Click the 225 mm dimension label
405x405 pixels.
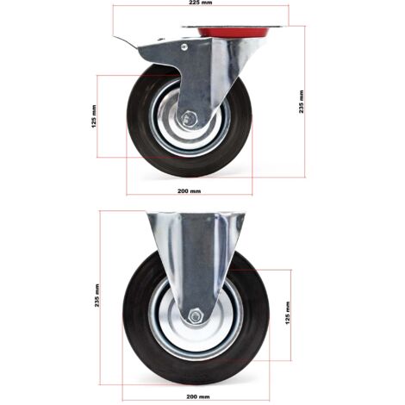[x=201, y=3]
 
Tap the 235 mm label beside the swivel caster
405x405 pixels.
[x=302, y=102]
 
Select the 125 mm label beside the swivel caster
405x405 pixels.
[x=94, y=116]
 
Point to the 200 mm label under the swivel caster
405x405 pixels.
[x=189, y=191]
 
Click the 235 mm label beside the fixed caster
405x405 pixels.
[x=97, y=296]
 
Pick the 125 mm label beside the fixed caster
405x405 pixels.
[x=288, y=313]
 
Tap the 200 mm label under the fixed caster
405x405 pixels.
[x=198, y=396]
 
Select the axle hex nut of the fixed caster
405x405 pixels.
[x=196, y=316]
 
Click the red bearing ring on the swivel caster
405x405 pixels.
[x=234, y=32]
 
